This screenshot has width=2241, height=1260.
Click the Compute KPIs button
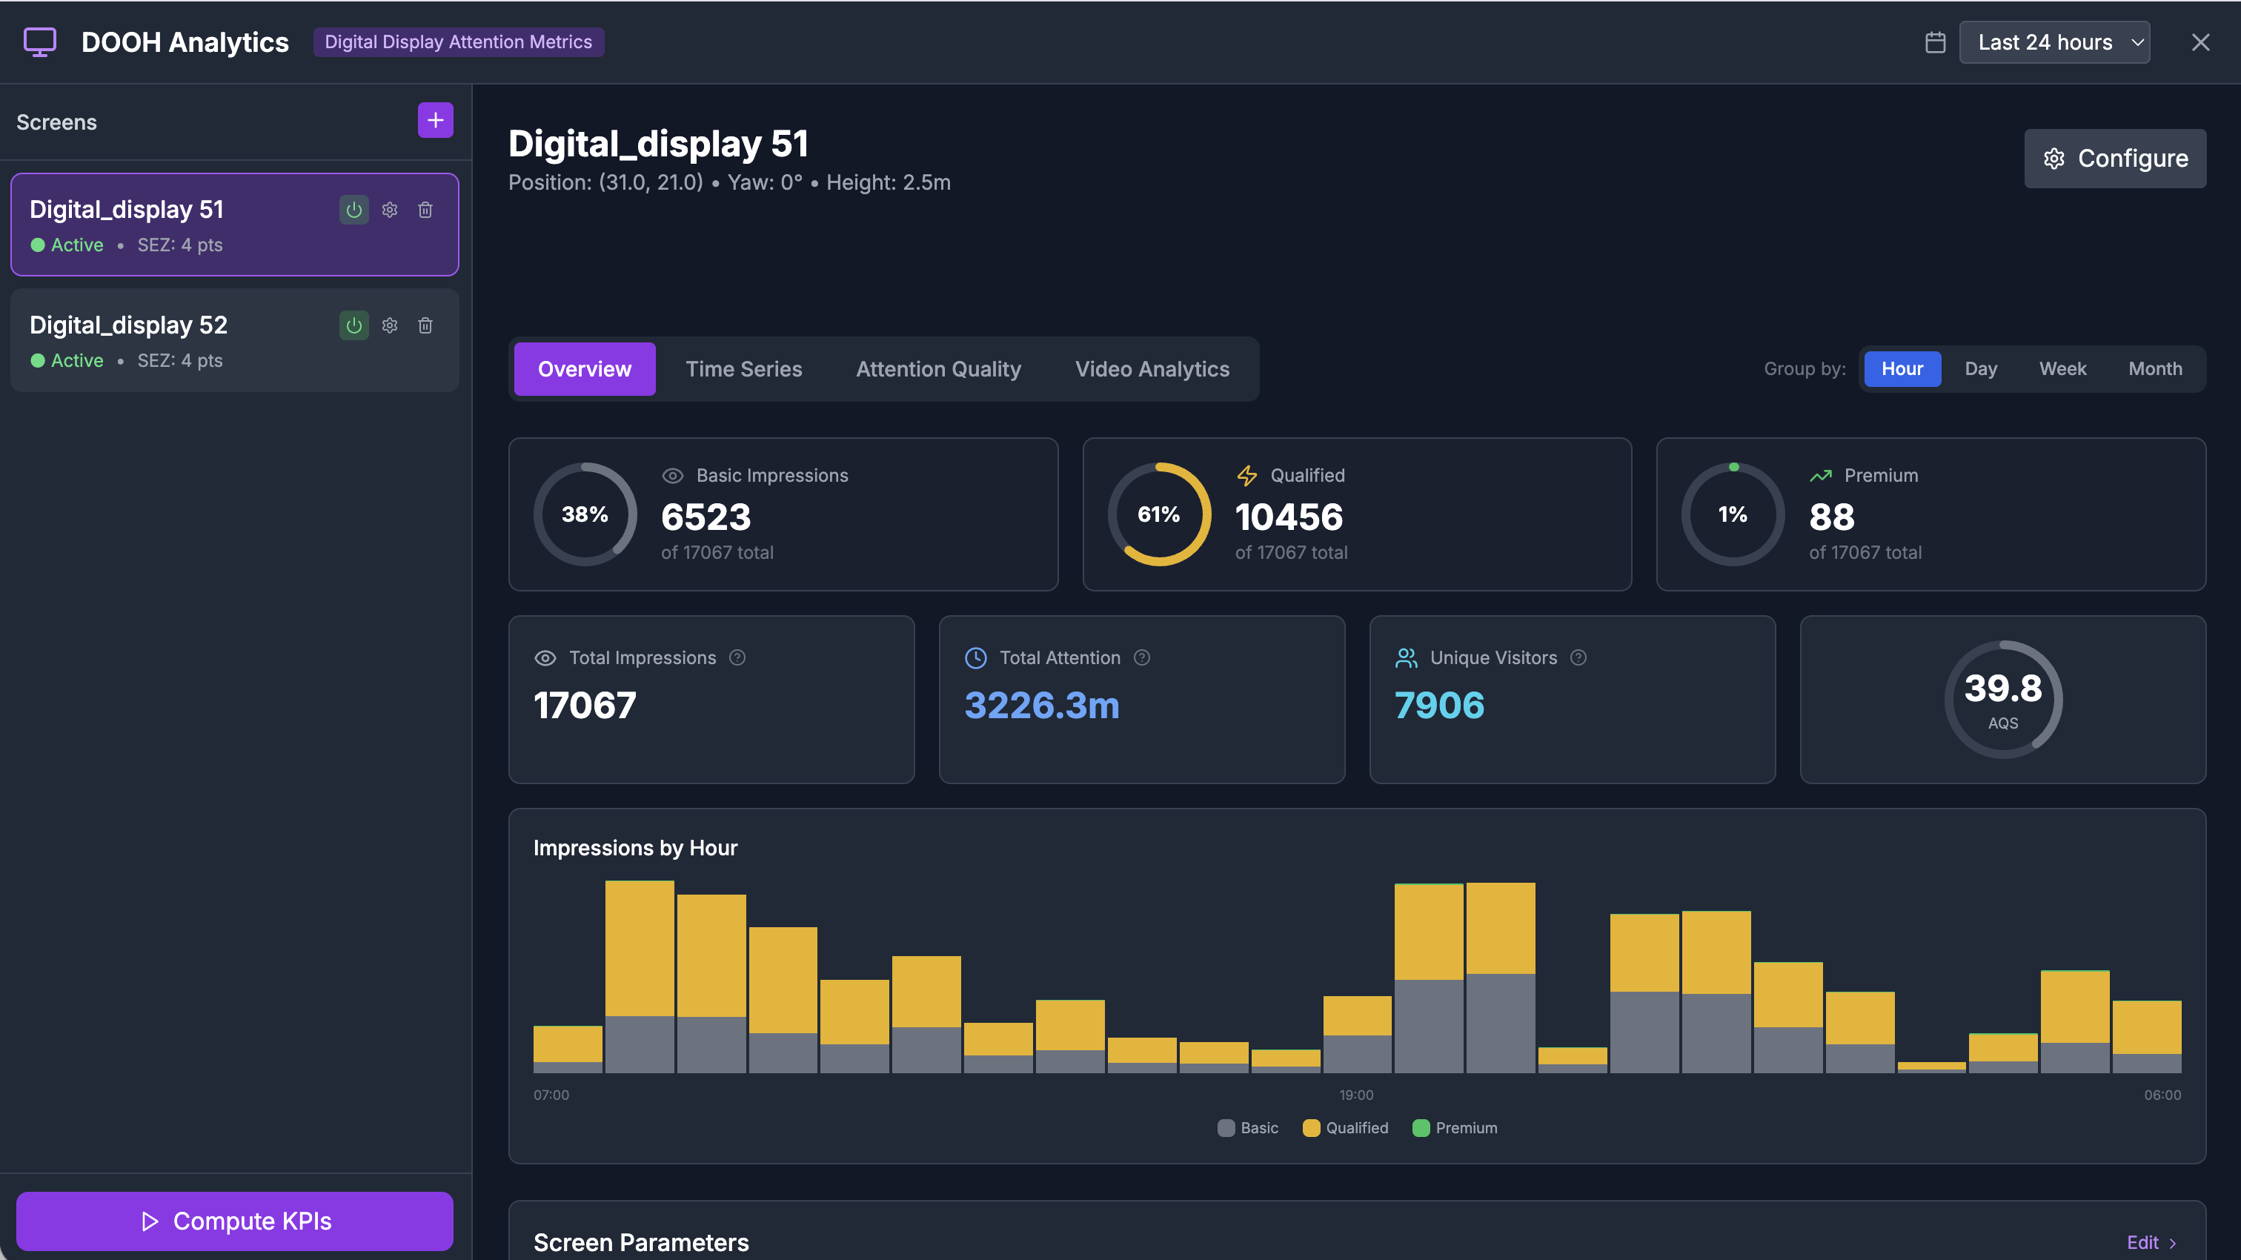click(x=235, y=1221)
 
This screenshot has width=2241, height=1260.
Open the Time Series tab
click(x=743, y=369)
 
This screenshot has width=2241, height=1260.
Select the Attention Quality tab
click(x=937, y=369)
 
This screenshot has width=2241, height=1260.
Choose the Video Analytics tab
click(x=1152, y=369)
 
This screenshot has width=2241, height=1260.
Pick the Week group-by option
click(x=2062, y=369)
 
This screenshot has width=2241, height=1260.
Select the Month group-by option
click(x=2154, y=369)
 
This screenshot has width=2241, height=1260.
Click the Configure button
click(x=2114, y=159)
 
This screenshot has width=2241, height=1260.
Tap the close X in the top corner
click(x=2200, y=43)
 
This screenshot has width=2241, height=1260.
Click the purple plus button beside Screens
click(x=435, y=120)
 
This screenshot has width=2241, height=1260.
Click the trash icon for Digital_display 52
click(x=425, y=325)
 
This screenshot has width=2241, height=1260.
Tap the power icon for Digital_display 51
click(x=354, y=210)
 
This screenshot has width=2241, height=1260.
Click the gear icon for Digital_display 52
click(x=390, y=325)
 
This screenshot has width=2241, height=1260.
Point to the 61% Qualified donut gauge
click(x=1159, y=514)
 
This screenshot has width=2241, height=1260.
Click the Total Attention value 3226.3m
click(x=1041, y=705)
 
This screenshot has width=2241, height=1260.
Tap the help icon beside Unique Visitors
click(x=1578, y=658)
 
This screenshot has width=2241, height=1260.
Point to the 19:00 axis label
click(x=1355, y=1095)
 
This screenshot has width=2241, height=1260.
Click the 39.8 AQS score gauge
click(x=2002, y=699)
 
